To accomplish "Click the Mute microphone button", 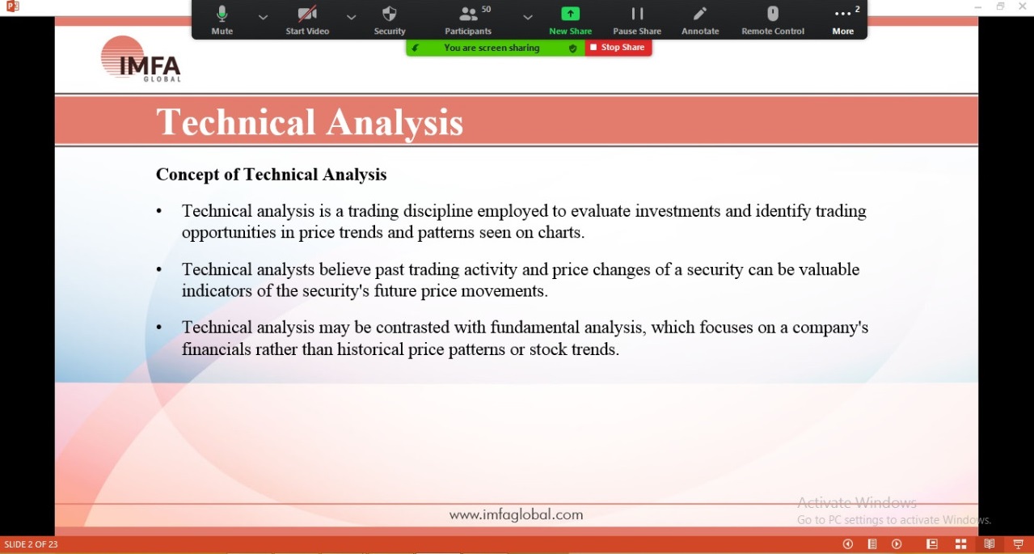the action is (222, 20).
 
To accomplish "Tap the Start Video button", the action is (307, 20).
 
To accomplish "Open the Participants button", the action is (468, 20).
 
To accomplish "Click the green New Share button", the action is (570, 20).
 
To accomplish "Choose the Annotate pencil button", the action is (700, 20).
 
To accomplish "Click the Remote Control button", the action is (773, 20).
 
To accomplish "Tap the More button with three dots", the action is (843, 20).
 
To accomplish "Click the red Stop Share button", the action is (618, 48).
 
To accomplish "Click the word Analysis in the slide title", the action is (395, 122).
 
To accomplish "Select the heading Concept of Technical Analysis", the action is (272, 175).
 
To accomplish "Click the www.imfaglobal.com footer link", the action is (516, 514).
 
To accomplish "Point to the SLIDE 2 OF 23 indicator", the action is (31, 544).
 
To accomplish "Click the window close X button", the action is (1023, 6).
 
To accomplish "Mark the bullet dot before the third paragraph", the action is (159, 328).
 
